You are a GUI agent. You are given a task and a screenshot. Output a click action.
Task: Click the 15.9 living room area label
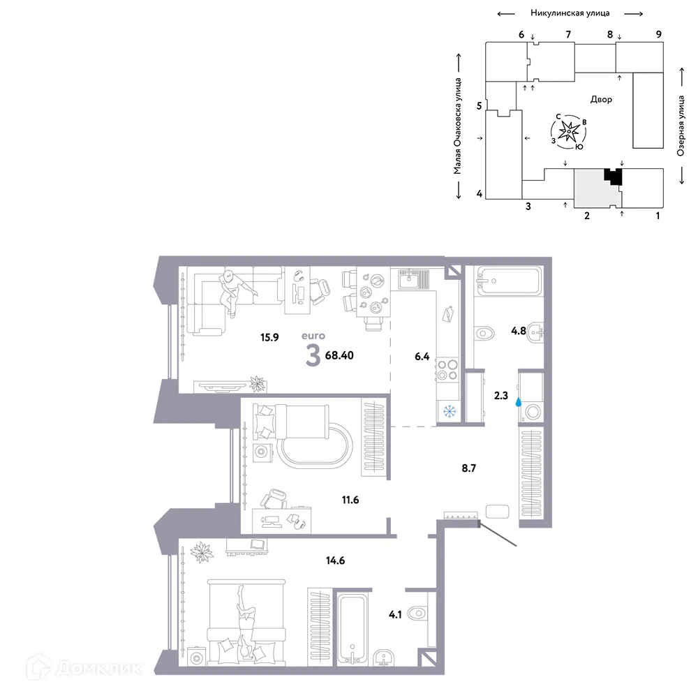(x=269, y=337)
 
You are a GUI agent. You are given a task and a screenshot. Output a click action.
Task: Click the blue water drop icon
(x=518, y=402)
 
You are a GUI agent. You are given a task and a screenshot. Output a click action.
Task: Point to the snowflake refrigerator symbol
(x=450, y=411)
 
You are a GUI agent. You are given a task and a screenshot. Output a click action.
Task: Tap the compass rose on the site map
(x=570, y=131)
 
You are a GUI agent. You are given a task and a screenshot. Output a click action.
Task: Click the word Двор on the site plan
(x=601, y=100)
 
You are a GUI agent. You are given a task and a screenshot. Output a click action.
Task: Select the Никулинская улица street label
(x=570, y=13)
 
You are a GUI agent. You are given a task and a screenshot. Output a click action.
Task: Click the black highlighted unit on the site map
(x=614, y=178)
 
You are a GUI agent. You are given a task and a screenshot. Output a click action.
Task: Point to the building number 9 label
(x=658, y=34)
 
